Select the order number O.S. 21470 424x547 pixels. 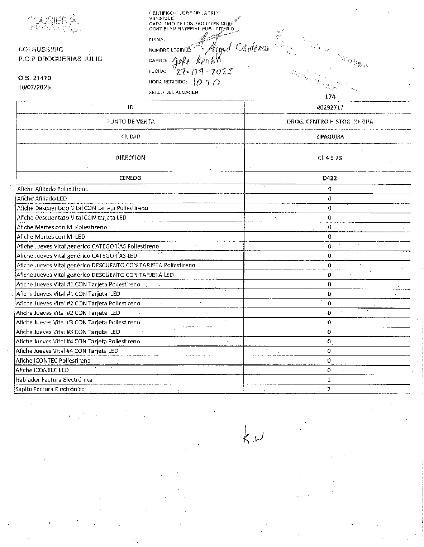pyautogui.click(x=34, y=78)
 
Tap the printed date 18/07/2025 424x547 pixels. pyautogui.click(x=34, y=87)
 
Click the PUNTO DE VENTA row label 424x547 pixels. pyautogui.click(x=130, y=121)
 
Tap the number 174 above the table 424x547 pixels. pyautogui.click(x=330, y=96)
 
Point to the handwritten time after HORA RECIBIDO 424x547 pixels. pyautogui.click(x=206, y=83)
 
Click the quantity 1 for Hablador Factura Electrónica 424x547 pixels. pyautogui.click(x=329, y=379)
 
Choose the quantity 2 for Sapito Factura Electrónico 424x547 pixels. pyautogui.click(x=329, y=389)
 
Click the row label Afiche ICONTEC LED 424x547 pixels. pyautogui.click(x=42, y=370)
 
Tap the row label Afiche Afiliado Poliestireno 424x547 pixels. pyautogui.click(x=53, y=189)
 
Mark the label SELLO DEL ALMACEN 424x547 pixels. pyautogui.click(x=173, y=92)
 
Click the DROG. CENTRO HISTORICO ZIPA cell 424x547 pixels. pyautogui.click(x=329, y=121)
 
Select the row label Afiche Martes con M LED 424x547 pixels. pyautogui.click(x=51, y=237)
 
